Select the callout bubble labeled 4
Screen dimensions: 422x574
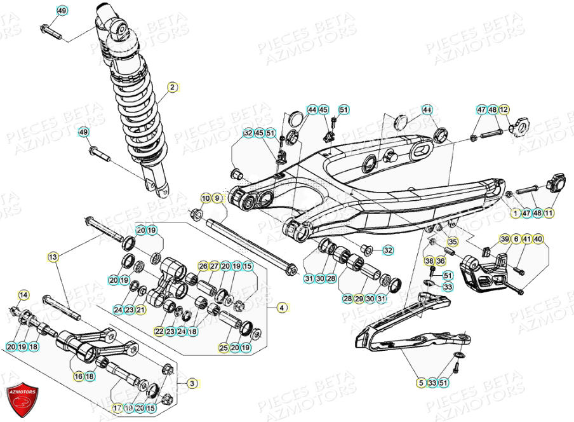(281, 308)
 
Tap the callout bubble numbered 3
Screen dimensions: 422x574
(191, 383)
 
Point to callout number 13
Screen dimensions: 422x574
(53, 257)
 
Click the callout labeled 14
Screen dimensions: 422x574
(23, 295)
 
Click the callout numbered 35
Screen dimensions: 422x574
(452, 242)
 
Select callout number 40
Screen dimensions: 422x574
(538, 239)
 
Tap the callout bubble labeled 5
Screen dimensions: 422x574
(420, 383)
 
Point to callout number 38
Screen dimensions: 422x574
(429, 261)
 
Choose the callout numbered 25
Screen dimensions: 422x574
(224, 348)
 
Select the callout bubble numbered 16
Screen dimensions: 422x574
(79, 376)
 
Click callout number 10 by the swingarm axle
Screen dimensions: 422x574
(205, 198)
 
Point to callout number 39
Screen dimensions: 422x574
(505, 239)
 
